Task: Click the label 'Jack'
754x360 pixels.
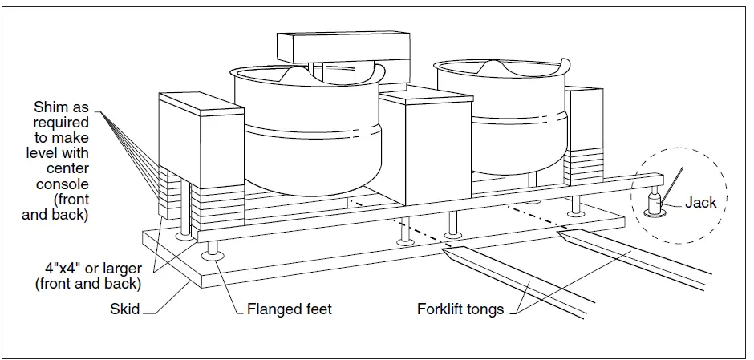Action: (x=700, y=203)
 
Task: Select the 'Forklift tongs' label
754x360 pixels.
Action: (x=460, y=309)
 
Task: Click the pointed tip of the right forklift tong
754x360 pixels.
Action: (x=562, y=235)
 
